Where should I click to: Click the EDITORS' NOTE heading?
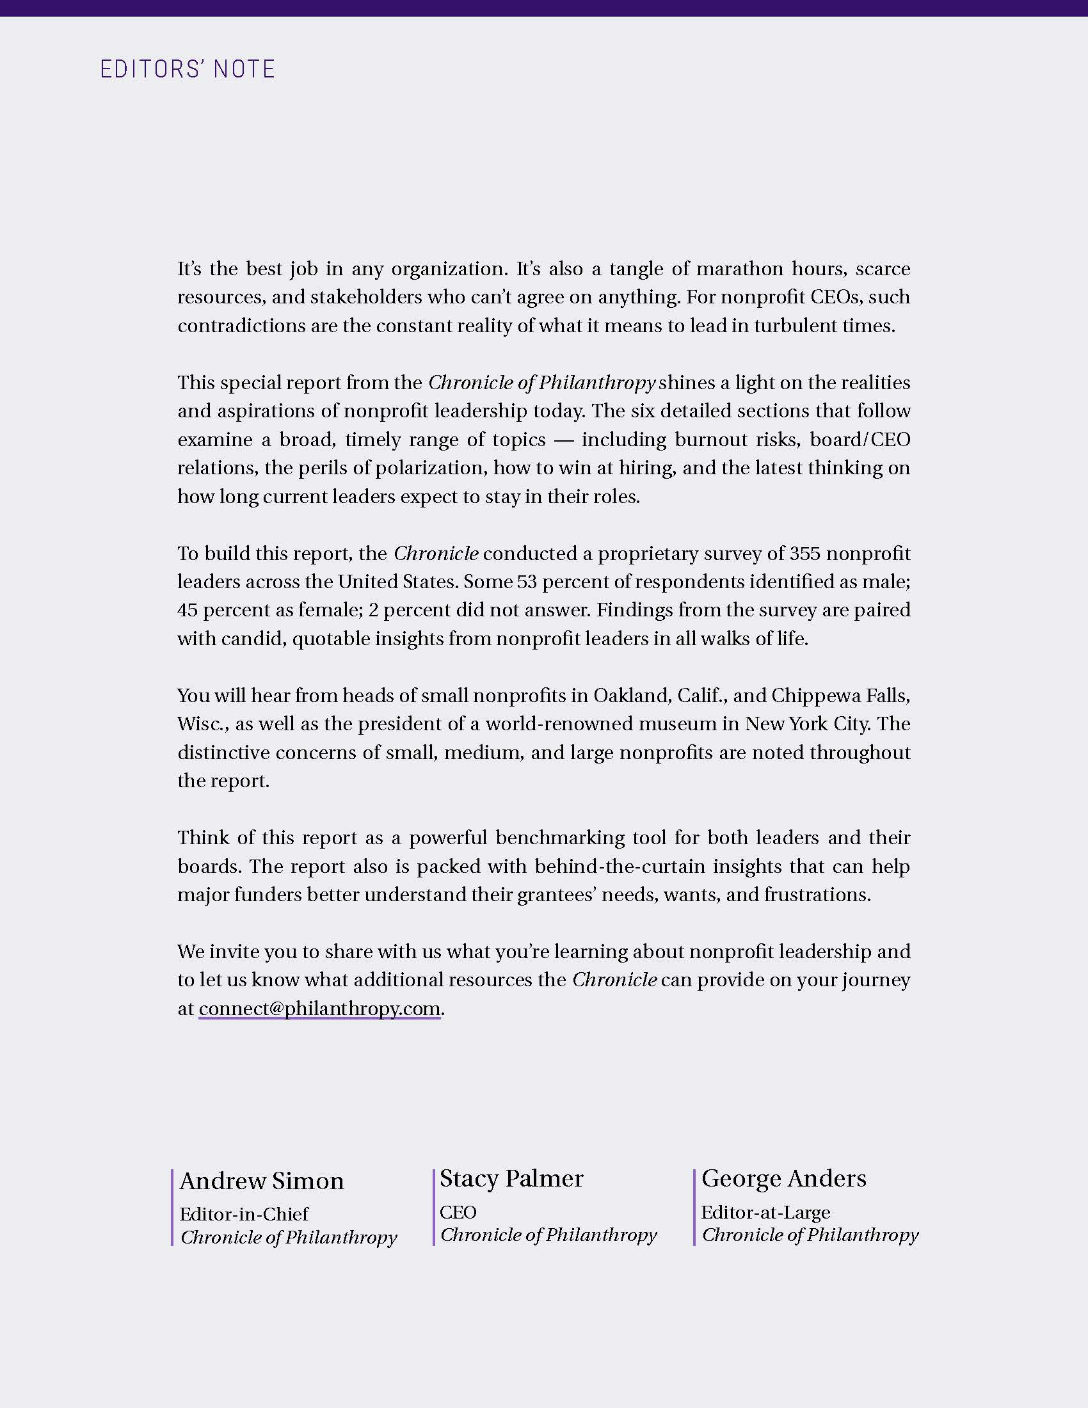point(188,69)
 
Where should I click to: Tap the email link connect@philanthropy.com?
point(319,1007)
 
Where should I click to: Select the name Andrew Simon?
point(262,1181)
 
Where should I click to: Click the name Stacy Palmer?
point(511,1178)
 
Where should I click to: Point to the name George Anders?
point(784,1178)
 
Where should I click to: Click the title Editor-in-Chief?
point(244,1214)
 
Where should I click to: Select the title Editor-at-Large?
point(765,1212)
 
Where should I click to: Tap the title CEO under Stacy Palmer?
point(458,1212)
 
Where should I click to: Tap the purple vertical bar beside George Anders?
point(694,1207)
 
